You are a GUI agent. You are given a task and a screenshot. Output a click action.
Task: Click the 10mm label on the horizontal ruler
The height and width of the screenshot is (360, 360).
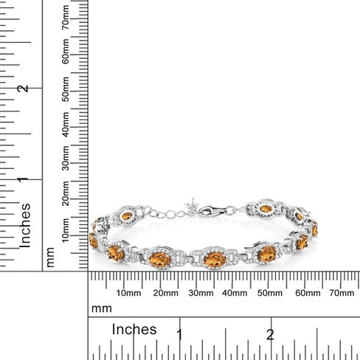point(128,294)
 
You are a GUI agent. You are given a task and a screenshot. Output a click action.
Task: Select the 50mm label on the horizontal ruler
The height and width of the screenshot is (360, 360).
point(270,294)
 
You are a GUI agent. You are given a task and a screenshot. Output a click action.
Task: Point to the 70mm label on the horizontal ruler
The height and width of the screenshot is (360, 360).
point(341,294)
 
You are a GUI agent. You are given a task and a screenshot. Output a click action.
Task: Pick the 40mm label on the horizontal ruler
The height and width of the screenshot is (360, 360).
point(235,294)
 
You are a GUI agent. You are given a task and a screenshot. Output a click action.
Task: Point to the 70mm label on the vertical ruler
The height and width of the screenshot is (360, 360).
point(66,17)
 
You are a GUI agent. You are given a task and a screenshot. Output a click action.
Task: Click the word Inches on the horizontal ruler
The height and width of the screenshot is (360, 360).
point(134,329)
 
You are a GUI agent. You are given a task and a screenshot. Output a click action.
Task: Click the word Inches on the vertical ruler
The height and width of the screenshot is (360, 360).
point(25,224)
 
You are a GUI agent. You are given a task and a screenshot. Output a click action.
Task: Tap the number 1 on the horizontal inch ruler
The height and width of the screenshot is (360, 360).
point(179,334)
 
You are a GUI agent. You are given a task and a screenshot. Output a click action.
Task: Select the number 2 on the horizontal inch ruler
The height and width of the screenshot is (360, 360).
point(270,334)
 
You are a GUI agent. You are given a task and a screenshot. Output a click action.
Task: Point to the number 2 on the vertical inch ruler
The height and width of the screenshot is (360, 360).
point(25,88)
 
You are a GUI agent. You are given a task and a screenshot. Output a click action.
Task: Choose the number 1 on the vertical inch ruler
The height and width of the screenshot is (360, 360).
point(25,179)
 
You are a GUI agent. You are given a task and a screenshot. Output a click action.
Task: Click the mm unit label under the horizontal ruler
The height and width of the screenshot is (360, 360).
point(101,308)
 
